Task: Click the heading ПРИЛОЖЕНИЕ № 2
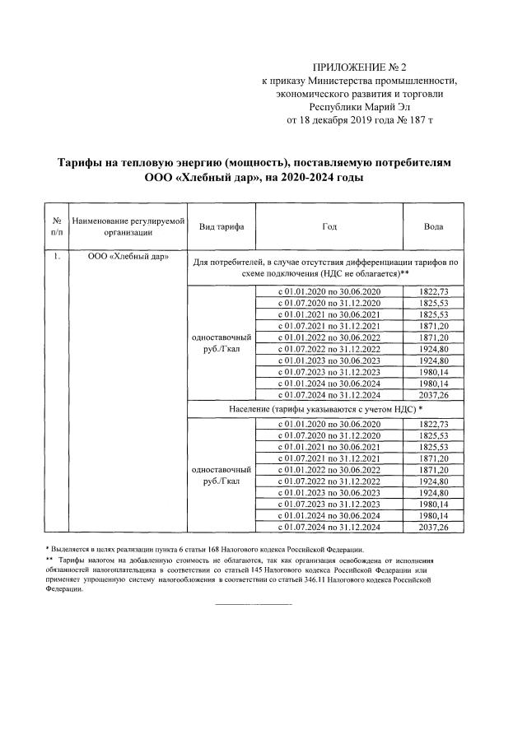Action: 358,67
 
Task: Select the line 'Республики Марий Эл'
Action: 358,106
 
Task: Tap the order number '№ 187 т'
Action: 414,119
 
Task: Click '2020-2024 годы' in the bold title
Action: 321,177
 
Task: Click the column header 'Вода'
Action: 434,226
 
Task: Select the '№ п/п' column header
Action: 56,226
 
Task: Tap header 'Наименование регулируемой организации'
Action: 128,226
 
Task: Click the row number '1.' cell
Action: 56,257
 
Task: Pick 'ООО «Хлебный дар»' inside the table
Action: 128,257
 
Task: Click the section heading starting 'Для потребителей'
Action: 326,267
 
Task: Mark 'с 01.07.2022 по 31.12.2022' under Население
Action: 329,480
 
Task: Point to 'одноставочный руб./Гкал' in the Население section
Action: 221,474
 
